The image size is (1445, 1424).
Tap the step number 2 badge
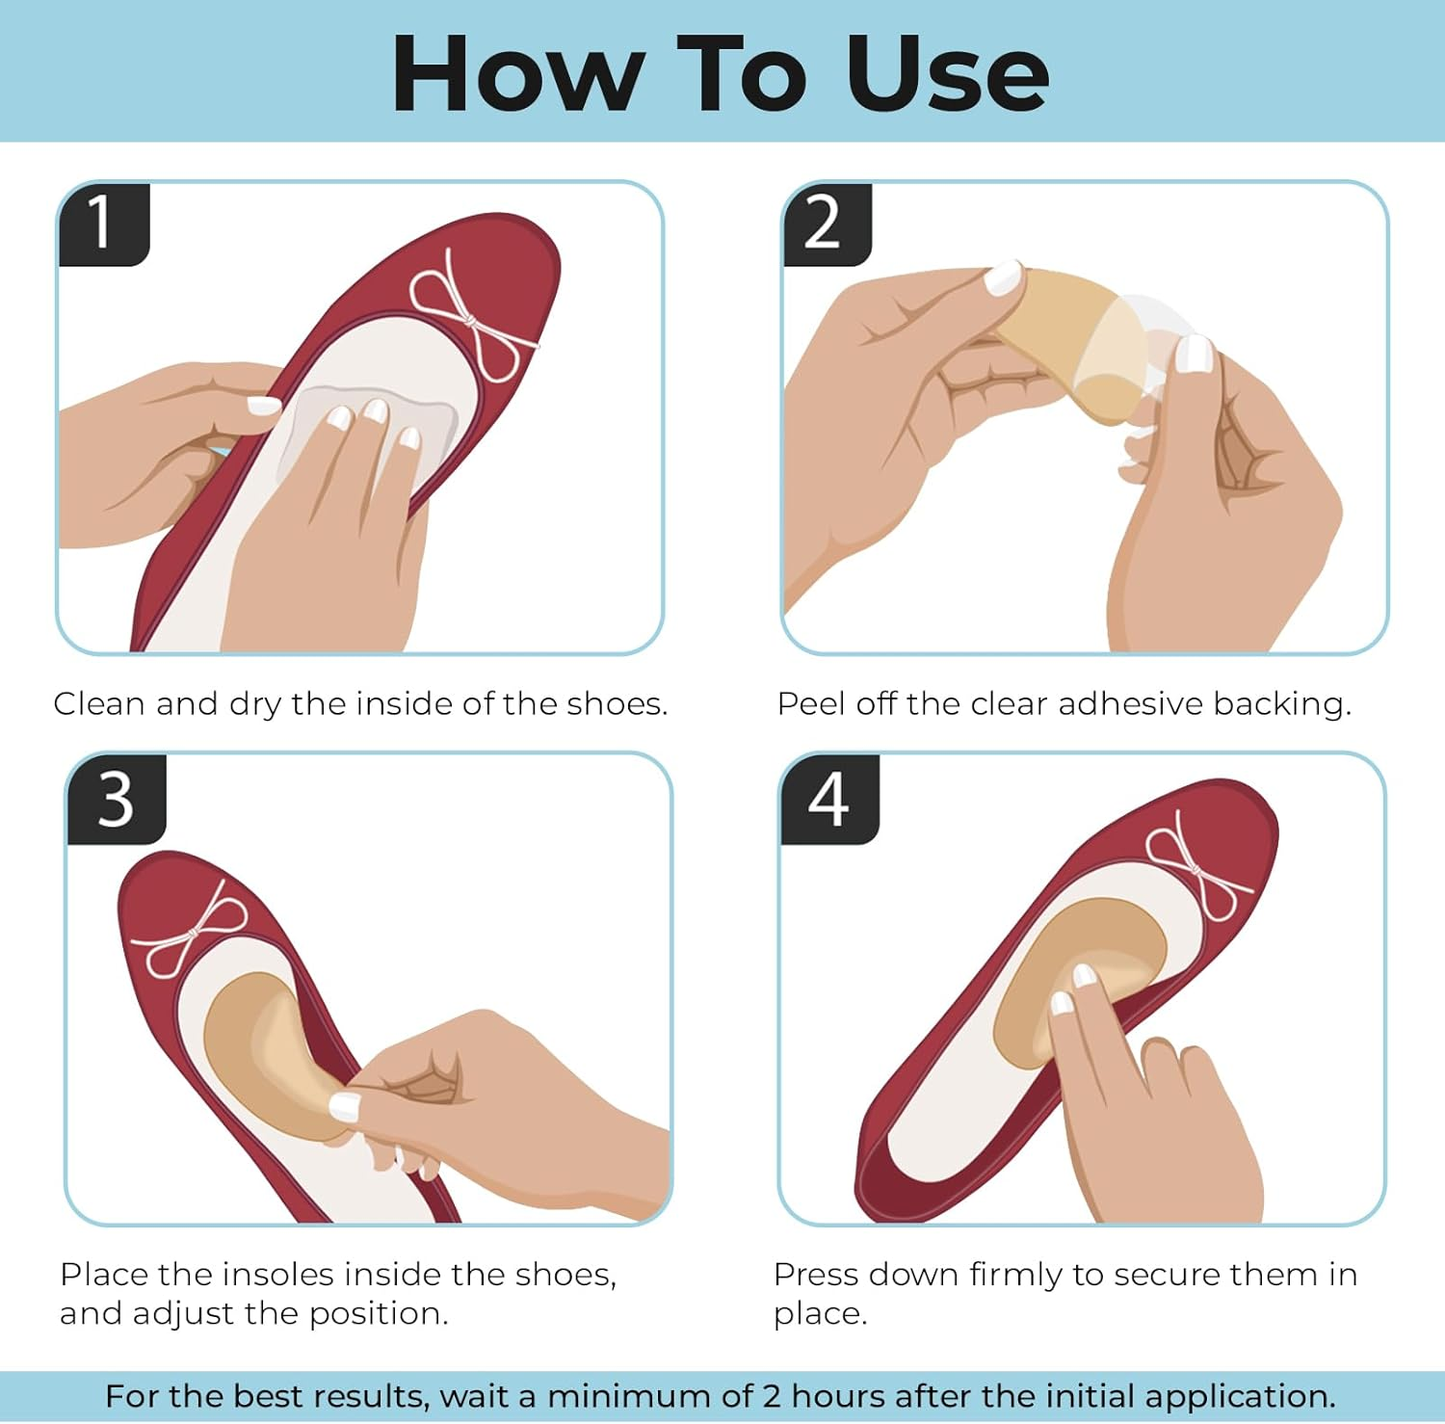coord(826,224)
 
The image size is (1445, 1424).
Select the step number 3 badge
coord(116,800)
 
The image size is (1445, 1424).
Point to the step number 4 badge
coord(828,800)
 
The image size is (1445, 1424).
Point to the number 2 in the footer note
coord(772,1396)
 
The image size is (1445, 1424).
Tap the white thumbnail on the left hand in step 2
coord(1004,279)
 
